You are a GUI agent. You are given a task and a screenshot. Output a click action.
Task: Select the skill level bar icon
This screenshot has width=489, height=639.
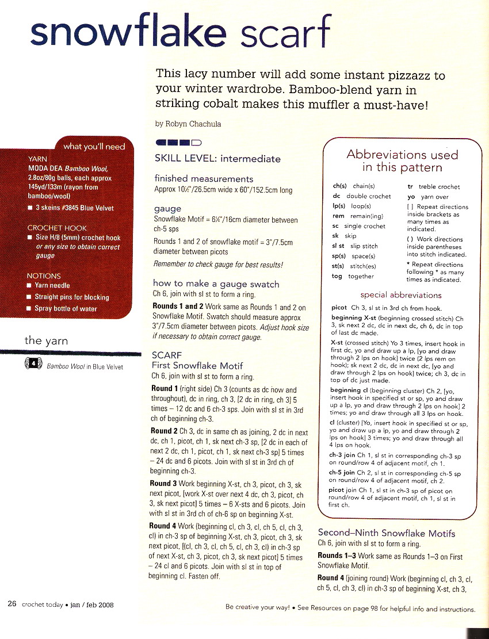coord(178,142)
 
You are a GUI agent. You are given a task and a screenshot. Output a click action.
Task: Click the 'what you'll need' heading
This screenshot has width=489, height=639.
coord(94,147)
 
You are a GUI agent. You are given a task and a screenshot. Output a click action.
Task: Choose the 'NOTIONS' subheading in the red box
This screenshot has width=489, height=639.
coord(44,276)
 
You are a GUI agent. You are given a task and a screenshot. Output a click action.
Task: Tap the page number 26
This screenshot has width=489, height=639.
coord(12,604)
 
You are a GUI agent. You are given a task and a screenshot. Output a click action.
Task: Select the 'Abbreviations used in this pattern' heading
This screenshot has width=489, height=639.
coord(402,161)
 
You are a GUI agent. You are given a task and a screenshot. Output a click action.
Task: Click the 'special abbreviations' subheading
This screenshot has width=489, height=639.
coord(401,295)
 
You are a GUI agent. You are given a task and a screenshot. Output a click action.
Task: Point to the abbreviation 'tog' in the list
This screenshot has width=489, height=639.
coord(338,276)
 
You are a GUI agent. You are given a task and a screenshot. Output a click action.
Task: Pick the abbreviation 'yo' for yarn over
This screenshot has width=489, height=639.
coord(411,197)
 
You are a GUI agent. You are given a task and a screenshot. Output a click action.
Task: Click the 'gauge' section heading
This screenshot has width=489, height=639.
coord(167,209)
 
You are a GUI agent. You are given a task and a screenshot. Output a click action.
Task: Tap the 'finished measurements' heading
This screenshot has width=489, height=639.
coord(204,179)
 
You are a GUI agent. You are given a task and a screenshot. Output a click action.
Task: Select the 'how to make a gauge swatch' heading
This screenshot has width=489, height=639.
coord(216,284)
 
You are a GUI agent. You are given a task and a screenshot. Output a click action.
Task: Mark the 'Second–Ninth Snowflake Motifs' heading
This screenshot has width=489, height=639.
coord(386,533)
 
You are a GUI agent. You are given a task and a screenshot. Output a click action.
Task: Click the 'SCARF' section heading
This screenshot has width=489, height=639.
coord(166,355)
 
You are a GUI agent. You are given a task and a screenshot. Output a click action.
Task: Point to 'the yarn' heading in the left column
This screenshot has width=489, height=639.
coord(46,341)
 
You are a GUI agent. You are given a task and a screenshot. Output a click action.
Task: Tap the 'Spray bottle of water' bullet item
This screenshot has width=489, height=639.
coord(66,308)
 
